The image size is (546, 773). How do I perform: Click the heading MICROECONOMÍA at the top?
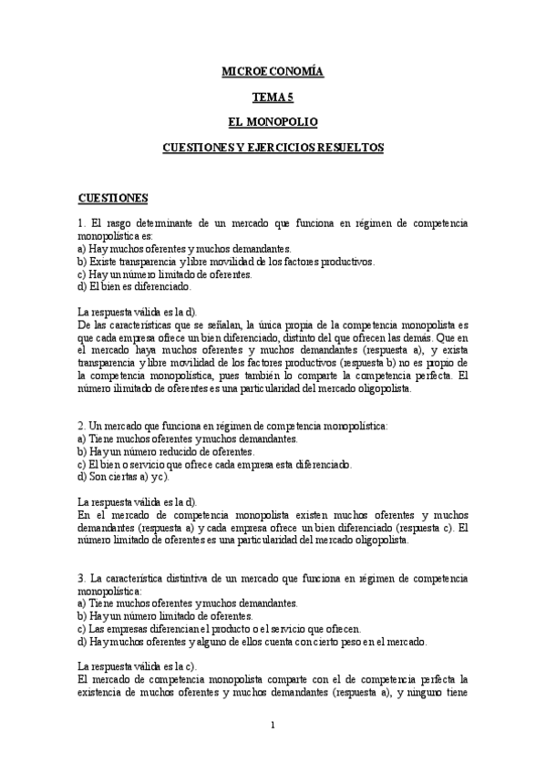(273, 69)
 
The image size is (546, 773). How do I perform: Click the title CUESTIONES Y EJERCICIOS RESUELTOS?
(273, 146)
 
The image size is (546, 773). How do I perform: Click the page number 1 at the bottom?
(273, 726)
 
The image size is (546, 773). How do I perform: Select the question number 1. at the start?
(82, 222)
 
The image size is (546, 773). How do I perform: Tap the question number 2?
(82, 426)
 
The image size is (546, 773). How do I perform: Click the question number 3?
(82, 578)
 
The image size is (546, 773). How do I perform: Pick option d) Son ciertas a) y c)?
(124, 476)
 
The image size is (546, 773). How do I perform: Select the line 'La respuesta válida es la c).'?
(138, 666)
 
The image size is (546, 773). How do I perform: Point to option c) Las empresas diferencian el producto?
(220, 629)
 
